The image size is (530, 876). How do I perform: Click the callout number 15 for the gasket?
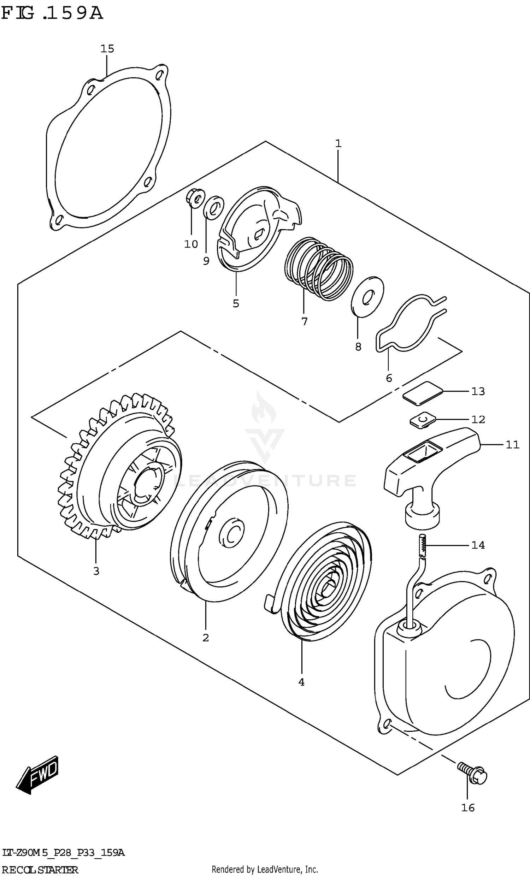pos(107,49)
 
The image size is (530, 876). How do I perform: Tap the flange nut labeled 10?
pos(195,198)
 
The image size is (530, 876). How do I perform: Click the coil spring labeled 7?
pos(319,269)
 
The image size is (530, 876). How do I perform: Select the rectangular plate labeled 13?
pos(423,392)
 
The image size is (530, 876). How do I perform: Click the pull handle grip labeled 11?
pos(432,462)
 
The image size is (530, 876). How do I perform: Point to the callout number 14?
pos(478,545)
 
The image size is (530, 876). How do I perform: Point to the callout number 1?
pos(338,144)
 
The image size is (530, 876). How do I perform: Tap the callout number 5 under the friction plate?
pos(236,304)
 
